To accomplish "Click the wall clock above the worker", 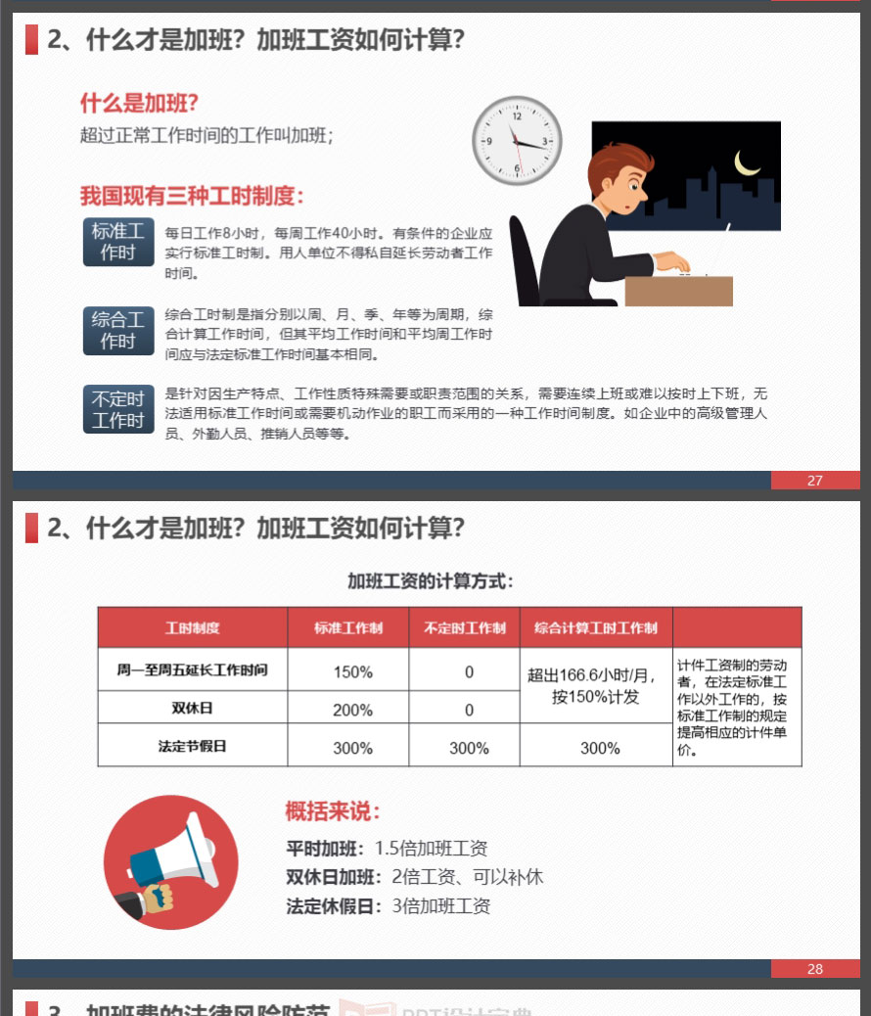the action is pos(517,141).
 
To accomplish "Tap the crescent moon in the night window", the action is pos(746,163).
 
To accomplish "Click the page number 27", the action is pos(814,481).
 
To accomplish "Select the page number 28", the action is pos(814,969).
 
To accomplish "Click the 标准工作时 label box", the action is pos(118,242).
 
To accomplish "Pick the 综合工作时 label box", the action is pos(118,331).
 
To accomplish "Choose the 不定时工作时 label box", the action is pos(118,409).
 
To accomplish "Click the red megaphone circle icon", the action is pos(171,861).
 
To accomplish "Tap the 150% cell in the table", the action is pos(352,671).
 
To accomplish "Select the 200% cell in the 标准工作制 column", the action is pos(352,711).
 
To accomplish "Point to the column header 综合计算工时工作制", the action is pos(596,627).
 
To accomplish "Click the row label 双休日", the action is pos(192,708).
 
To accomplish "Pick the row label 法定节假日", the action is pos(192,746).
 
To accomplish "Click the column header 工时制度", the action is pos(192,627).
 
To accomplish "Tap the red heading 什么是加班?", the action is pos(139,103).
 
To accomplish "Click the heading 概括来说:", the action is pos(333,811).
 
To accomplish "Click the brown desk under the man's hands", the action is pos(678,291).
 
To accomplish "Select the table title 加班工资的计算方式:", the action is pos(431,581).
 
